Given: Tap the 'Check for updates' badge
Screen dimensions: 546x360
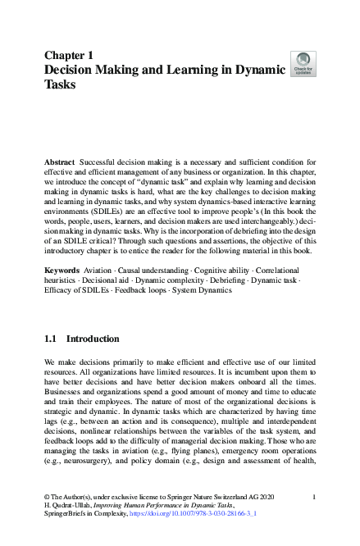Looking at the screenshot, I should [303, 64].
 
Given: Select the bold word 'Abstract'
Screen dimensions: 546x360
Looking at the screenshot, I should [59, 163].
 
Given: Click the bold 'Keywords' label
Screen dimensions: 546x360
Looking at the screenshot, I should [62, 270].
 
